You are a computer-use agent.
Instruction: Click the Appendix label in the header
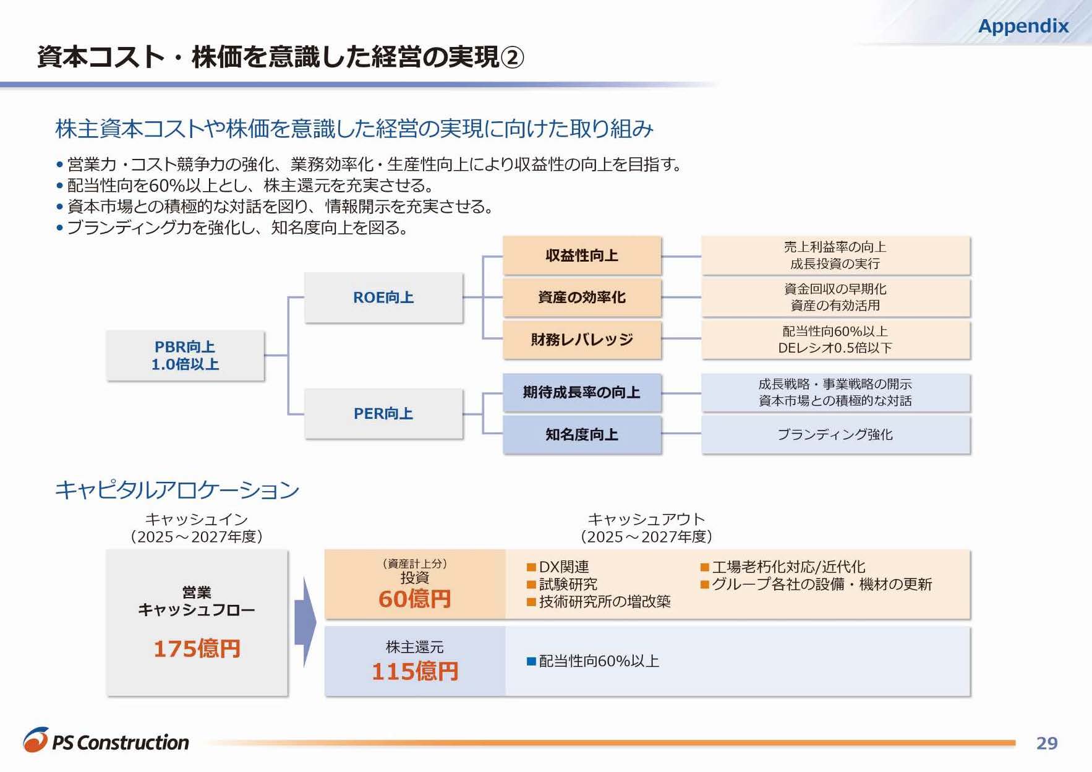pyautogui.click(x=1023, y=26)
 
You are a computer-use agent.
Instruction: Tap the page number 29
pyautogui.click(x=1046, y=743)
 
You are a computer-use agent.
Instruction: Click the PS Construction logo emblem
pyautogui.click(x=36, y=740)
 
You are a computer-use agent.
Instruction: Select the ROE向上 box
pyautogui.click(x=383, y=298)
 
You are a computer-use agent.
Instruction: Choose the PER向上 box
pyautogui.click(x=383, y=413)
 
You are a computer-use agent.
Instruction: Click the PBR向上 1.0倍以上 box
pyautogui.click(x=185, y=356)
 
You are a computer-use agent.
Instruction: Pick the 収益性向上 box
pyautogui.click(x=582, y=255)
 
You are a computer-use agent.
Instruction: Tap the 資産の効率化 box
pyautogui.click(x=582, y=298)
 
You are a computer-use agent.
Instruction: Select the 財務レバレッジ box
pyautogui.click(x=582, y=339)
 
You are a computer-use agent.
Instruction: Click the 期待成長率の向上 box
pyautogui.click(x=582, y=392)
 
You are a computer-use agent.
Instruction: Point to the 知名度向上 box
pyautogui.click(x=582, y=434)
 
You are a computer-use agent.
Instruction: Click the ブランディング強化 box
pyautogui.click(x=835, y=434)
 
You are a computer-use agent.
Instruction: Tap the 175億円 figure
pyautogui.click(x=197, y=648)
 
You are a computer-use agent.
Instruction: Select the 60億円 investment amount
pyautogui.click(x=414, y=599)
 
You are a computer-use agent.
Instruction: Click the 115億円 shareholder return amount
pyautogui.click(x=414, y=671)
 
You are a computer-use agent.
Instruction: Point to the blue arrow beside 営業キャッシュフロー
pyautogui.click(x=305, y=622)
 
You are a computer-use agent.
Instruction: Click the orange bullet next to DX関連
pyautogui.click(x=531, y=567)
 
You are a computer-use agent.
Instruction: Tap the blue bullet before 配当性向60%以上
pyautogui.click(x=531, y=661)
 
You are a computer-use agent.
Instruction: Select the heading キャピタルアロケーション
pyautogui.click(x=177, y=490)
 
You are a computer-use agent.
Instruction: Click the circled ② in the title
pyautogui.click(x=512, y=58)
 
